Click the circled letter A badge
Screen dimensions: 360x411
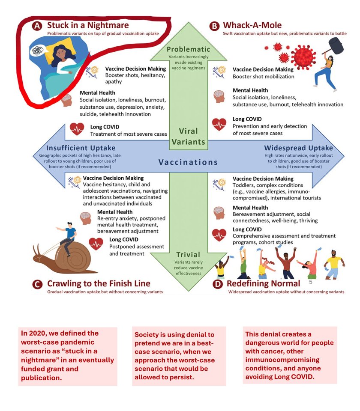point(37,26)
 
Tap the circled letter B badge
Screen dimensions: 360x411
point(214,26)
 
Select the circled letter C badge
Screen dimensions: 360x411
point(37,284)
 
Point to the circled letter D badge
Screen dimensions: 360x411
point(218,284)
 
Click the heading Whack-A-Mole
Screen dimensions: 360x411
point(252,25)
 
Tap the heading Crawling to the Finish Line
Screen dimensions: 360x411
point(99,283)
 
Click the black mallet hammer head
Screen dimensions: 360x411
point(336,46)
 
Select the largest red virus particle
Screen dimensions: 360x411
point(303,57)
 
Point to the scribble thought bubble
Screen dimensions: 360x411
point(38,51)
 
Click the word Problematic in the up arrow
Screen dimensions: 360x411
point(189,49)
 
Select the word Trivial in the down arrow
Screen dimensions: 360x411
point(188,254)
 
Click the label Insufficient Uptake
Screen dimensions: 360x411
point(81,148)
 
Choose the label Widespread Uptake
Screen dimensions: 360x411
point(298,148)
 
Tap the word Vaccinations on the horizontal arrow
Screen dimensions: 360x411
point(188,162)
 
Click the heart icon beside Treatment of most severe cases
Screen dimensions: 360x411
point(77,129)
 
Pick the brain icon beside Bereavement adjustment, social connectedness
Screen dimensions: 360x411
point(219,213)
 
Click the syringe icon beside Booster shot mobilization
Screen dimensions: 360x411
point(219,73)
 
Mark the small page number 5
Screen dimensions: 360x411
point(311,282)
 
